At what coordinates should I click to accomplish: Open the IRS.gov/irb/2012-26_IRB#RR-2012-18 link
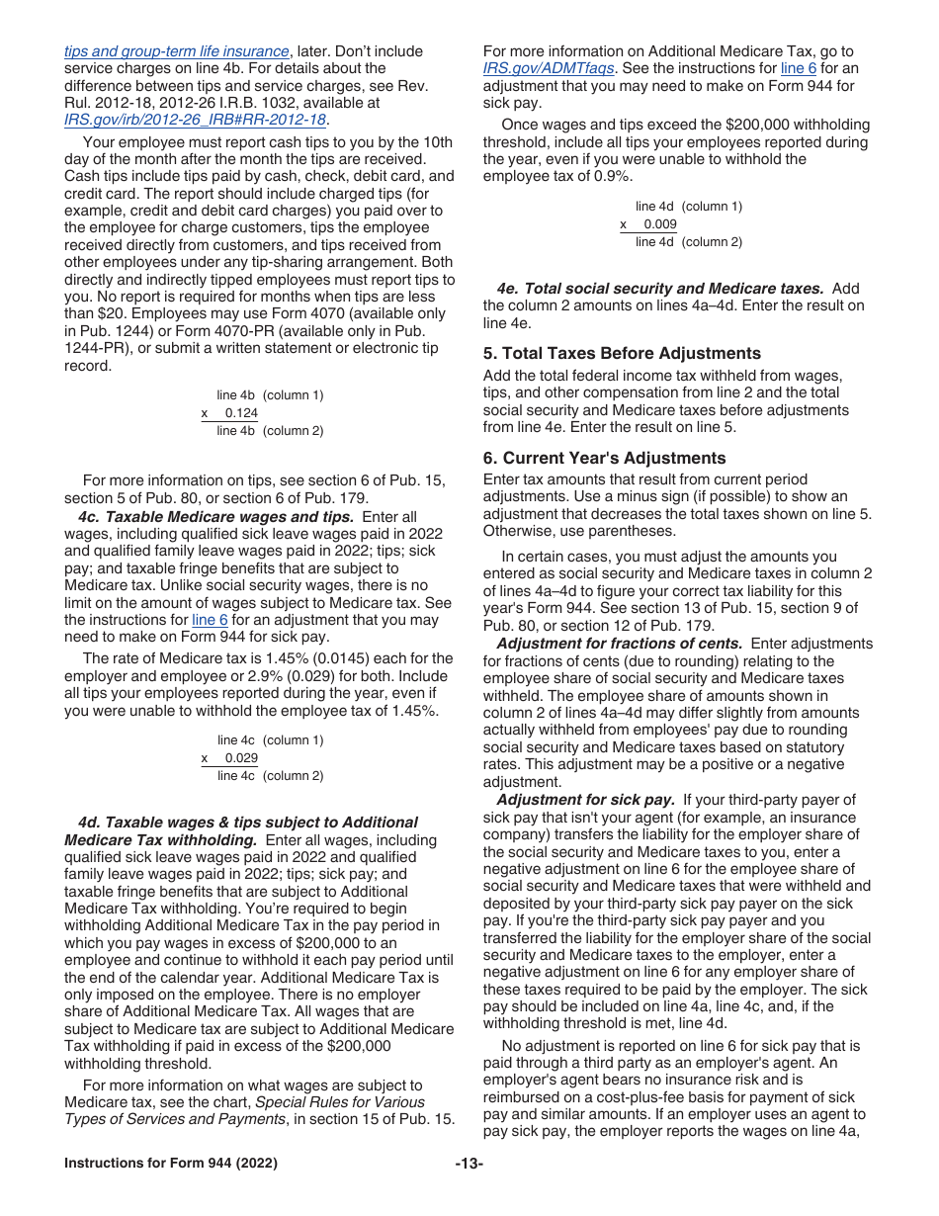[195, 120]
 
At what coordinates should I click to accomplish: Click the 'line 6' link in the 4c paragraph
[211, 620]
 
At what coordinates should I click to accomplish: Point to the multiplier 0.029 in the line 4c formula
[241, 758]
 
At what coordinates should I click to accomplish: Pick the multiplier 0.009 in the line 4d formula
[660, 224]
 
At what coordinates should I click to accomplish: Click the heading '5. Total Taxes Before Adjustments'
[622, 353]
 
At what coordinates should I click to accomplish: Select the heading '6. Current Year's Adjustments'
[604, 458]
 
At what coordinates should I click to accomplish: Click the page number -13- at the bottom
[469, 1164]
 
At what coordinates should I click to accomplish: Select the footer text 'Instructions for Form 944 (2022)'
[171, 1164]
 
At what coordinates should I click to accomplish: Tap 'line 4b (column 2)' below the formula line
[270, 431]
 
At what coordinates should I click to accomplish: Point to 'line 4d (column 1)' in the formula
[688, 207]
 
